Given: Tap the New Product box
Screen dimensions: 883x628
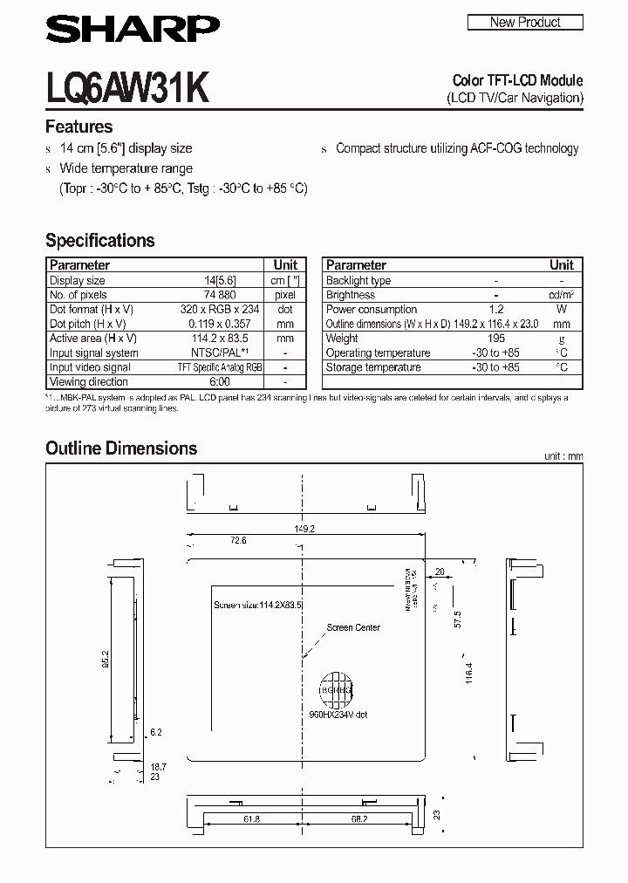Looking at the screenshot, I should click(525, 22).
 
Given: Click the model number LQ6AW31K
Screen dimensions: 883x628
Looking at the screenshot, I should click(126, 87).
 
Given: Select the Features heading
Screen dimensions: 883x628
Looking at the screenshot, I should click(79, 127).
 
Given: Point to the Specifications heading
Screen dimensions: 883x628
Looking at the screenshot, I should click(99, 240).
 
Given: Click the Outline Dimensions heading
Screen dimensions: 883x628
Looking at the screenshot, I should click(121, 448).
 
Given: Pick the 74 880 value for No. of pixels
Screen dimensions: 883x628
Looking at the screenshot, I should click(220, 295).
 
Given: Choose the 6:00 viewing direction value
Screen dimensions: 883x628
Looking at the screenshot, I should click(220, 381).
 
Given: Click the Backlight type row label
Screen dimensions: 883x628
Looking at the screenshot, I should click(358, 281).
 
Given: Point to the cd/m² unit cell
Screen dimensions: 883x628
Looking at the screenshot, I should click(561, 295).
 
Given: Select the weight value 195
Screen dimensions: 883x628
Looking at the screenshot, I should click(495, 339).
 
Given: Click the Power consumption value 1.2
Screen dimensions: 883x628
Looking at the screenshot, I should click(495, 309).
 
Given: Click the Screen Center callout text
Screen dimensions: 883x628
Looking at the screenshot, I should click(353, 627).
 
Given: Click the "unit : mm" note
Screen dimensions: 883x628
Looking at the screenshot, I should click(563, 456).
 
